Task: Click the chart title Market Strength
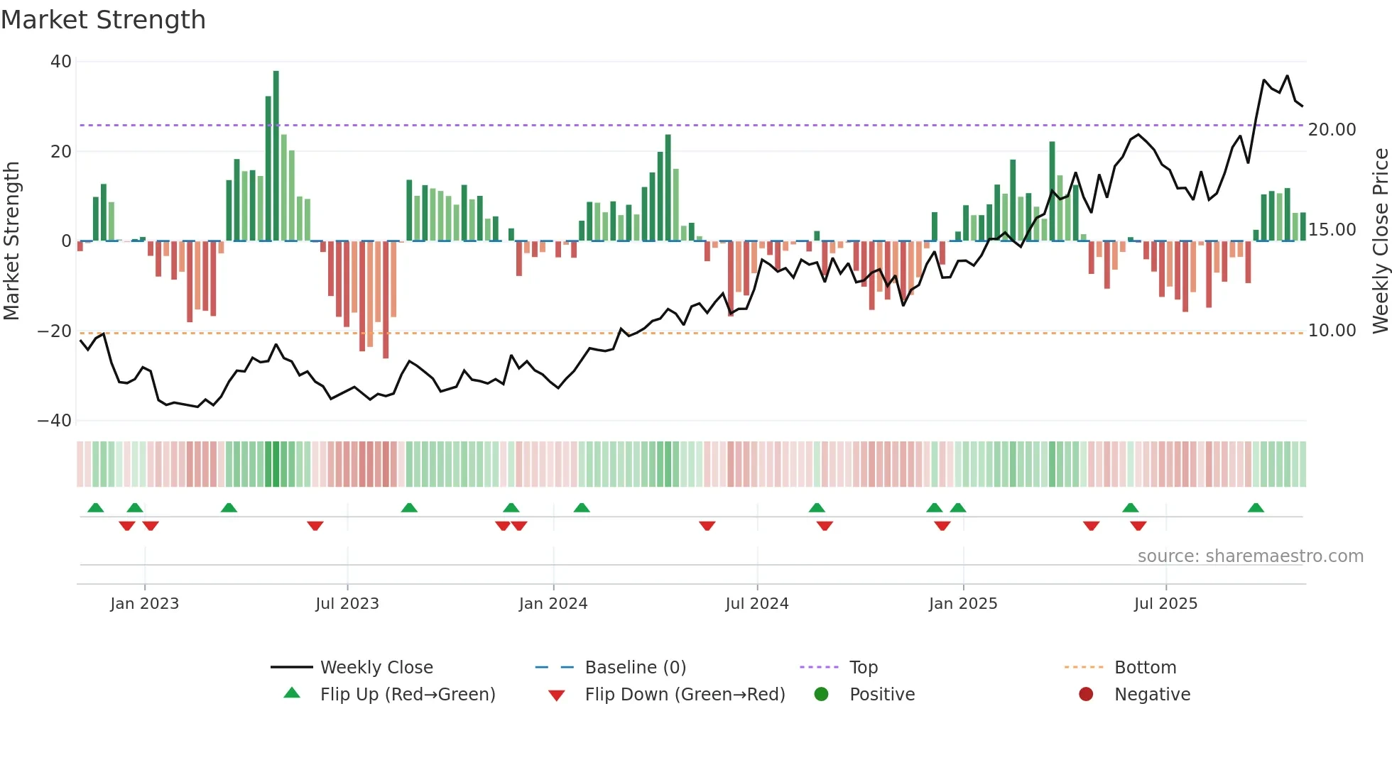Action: pos(103,20)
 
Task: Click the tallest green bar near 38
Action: pos(276,156)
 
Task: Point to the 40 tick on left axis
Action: pos(61,62)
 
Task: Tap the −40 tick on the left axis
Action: pos(55,421)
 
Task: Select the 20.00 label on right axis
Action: pos(1332,130)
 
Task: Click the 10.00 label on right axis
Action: pos(1332,331)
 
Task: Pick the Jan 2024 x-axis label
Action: pos(553,604)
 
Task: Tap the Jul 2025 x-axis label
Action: pos(1165,604)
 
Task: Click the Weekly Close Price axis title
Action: pos(1380,241)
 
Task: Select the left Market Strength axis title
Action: pos(11,241)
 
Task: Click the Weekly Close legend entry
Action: pos(376,668)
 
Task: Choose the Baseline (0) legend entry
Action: pos(635,668)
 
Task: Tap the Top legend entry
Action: pos(863,668)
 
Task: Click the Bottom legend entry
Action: pos(1145,668)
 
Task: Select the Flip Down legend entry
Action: pos(684,695)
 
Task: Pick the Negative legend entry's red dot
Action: pos(1086,695)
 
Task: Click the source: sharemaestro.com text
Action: pos(1250,556)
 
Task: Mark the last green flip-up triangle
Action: pos(1256,507)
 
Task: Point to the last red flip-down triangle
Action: pos(1138,526)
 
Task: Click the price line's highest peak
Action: pos(1287,76)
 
